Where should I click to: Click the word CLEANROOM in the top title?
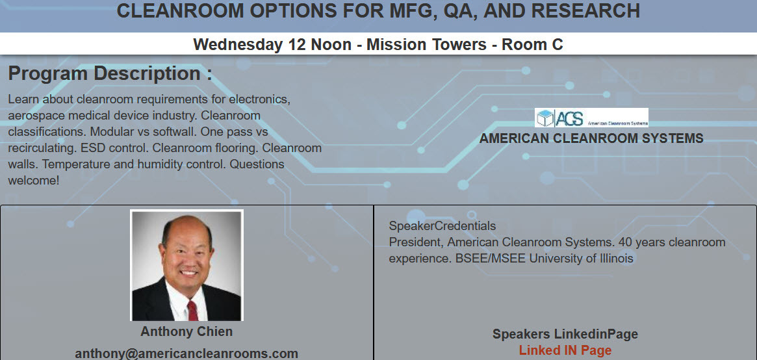pos(178,10)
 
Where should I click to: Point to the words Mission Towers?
pos(426,45)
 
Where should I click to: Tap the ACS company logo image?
pos(591,118)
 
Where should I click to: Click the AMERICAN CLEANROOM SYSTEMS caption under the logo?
pos(591,138)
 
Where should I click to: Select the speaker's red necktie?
pos(192,309)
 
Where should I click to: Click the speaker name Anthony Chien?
pos(186,331)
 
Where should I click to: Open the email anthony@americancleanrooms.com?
pos(186,354)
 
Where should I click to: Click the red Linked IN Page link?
pos(565,351)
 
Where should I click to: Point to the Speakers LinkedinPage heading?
pos(565,335)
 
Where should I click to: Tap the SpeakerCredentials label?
pos(443,226)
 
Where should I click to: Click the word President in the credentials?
pos(416,242)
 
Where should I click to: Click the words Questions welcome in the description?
pos(257,164)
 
